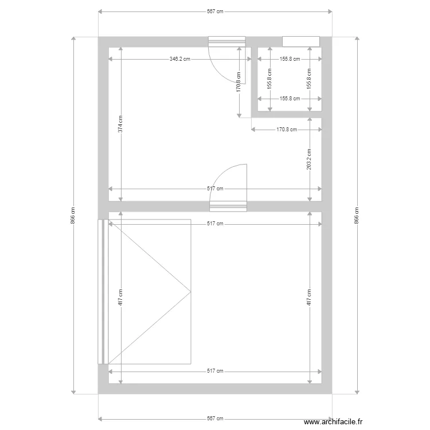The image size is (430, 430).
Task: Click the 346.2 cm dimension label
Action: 180,58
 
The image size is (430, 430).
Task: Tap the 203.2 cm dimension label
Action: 310,159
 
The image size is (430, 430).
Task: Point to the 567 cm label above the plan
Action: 215,11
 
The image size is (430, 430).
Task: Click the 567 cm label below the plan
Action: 215,419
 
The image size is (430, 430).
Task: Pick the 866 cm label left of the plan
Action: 73,215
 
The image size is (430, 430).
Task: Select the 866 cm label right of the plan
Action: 357,215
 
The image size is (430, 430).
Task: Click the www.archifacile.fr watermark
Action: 333,422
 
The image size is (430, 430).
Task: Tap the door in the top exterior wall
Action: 226,41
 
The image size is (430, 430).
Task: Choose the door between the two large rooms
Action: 228,206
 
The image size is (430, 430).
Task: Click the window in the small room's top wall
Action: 301,41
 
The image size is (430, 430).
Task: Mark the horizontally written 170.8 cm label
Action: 287,130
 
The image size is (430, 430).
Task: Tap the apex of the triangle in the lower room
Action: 190,292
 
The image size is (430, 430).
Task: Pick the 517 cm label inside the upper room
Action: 215,189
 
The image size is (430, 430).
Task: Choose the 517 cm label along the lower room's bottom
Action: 215,372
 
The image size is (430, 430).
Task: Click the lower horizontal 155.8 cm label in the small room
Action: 290,99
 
